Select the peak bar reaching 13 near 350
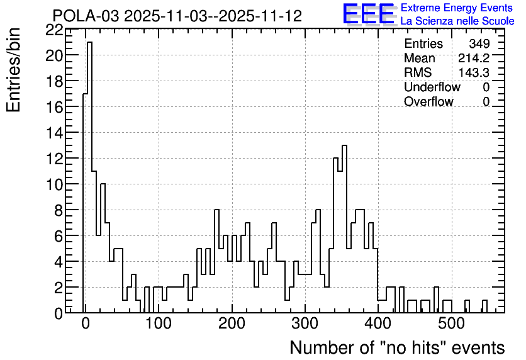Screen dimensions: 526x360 coord(344,229)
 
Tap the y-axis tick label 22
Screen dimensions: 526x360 coord(54,30)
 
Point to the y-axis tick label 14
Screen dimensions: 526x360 coord(54,133)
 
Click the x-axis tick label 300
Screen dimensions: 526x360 coord(305,323)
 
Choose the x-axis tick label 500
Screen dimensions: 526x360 coord(451,323)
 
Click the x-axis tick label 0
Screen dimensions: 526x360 coord(86,323)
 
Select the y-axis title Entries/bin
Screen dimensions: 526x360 coord(13,70)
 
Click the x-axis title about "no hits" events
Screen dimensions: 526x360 coord(397,347)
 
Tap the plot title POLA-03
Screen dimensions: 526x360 coord(86,16)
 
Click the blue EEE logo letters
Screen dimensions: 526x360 coord(369,14)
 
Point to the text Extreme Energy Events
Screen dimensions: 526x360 coord(457,8)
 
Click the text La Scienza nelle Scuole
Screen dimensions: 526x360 coord(457,21)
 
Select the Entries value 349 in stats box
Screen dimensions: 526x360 coord(479,43)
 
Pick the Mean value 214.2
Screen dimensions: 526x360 coord(474,58)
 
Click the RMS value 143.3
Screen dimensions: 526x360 coord(474,72)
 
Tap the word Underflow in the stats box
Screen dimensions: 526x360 coord(432,87)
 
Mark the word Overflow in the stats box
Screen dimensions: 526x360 coord(428,101)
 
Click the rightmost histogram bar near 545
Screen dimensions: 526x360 coord(484,307)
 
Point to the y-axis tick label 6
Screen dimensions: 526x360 coord(59,237)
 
